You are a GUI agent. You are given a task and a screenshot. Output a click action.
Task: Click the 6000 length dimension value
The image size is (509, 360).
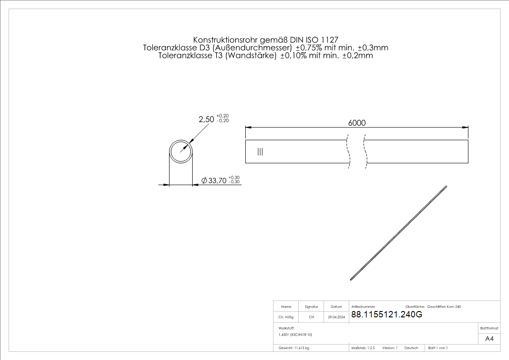357,123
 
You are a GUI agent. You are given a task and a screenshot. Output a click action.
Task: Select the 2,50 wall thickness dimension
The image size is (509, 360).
207,119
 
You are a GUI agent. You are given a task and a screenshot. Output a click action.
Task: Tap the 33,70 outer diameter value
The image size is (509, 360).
217,180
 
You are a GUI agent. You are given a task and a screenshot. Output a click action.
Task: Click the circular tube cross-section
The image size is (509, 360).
170,151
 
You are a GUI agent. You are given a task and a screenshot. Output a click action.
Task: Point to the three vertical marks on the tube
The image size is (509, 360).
260,151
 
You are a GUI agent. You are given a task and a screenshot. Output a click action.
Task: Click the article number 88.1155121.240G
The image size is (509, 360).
387,314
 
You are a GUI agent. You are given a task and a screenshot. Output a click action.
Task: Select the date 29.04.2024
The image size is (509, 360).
336,317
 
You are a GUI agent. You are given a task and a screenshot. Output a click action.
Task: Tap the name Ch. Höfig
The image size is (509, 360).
286,317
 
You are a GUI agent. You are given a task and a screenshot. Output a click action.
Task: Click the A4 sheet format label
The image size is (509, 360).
489,339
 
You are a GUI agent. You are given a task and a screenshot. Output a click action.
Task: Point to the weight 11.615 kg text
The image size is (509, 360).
294,348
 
